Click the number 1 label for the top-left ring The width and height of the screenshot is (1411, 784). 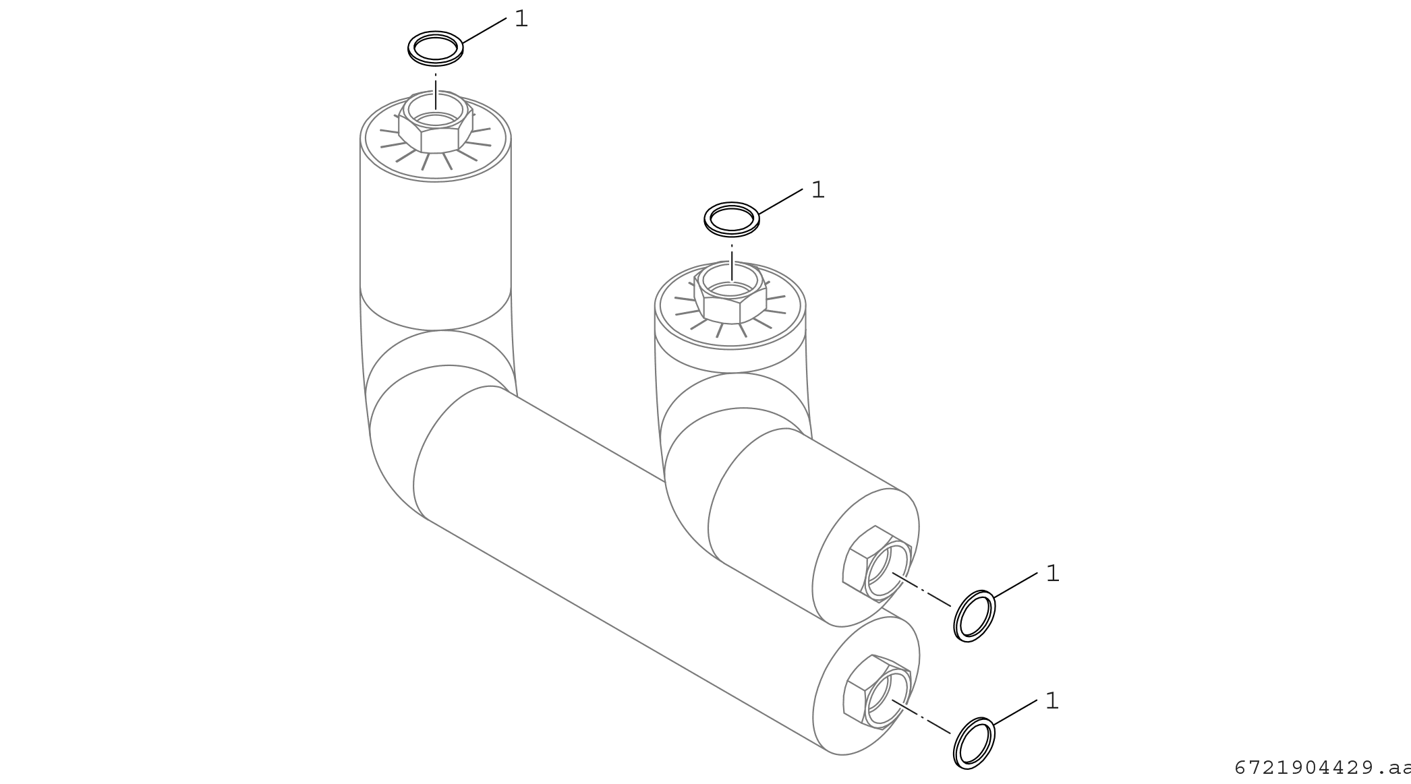pyautogui.click(x=521, y=19)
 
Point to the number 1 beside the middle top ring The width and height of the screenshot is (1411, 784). pyautogui.click(x=817, y=190)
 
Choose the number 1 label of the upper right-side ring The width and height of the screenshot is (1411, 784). pyautogui.click(x=1052, y=574)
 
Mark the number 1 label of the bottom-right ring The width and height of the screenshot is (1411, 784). pyautogui.click(x=1052, y=701)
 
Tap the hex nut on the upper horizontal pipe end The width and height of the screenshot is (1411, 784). pyautogui.click(x=877, y=564)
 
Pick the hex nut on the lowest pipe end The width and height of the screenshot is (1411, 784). pyautogui.click(x=877, y=692)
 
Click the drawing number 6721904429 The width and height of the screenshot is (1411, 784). pyautogui.click(x=1323, y=768)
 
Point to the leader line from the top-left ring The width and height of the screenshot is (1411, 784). pyautogui.click(x=484, y=31)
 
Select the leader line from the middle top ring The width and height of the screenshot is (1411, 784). pyautogui.click(x=780, y=202)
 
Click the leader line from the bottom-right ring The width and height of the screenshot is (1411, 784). pyautogui.click(x=1015, y=713)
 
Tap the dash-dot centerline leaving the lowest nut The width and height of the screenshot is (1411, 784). pyautogui.click(x=921, y=717)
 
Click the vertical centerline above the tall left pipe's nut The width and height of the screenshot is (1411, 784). pyautogui.click(x=436, y=91)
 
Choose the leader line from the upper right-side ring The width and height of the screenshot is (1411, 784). pyautogui.click(x=1016, y=585)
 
